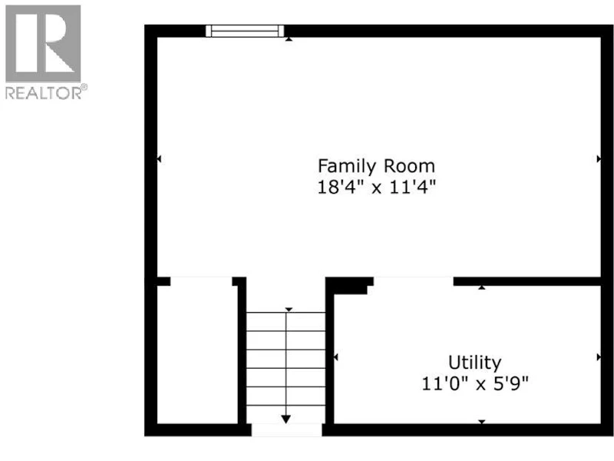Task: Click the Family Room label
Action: [x=376, y=166]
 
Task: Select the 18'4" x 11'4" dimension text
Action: [x=376, y=187]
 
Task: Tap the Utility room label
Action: [x=474, y=363]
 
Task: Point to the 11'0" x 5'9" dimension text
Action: [x=475, y=383]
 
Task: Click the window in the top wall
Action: [x=245, y=31]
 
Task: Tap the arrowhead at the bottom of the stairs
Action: [x=286, y=419]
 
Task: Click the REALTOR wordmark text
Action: [x=43, y=93]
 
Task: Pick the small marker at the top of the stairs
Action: [x=289, y=310]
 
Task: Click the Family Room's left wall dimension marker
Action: [x=159, y=159]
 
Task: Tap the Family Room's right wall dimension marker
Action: [x=599, y=159]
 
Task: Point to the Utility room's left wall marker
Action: [x=335, y=357]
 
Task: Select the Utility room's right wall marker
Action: [x=599, y=357]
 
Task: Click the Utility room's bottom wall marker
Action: [x=482, y=422]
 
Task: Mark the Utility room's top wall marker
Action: [x=482, y=287]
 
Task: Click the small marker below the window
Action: [x=289, y=39]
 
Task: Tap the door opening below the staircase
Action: [x=286, y=429]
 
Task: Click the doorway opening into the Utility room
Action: [x=414, y=281]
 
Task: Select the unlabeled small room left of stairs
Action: [x=197, y=354]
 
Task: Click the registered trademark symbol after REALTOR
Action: [x=84, y=88]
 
